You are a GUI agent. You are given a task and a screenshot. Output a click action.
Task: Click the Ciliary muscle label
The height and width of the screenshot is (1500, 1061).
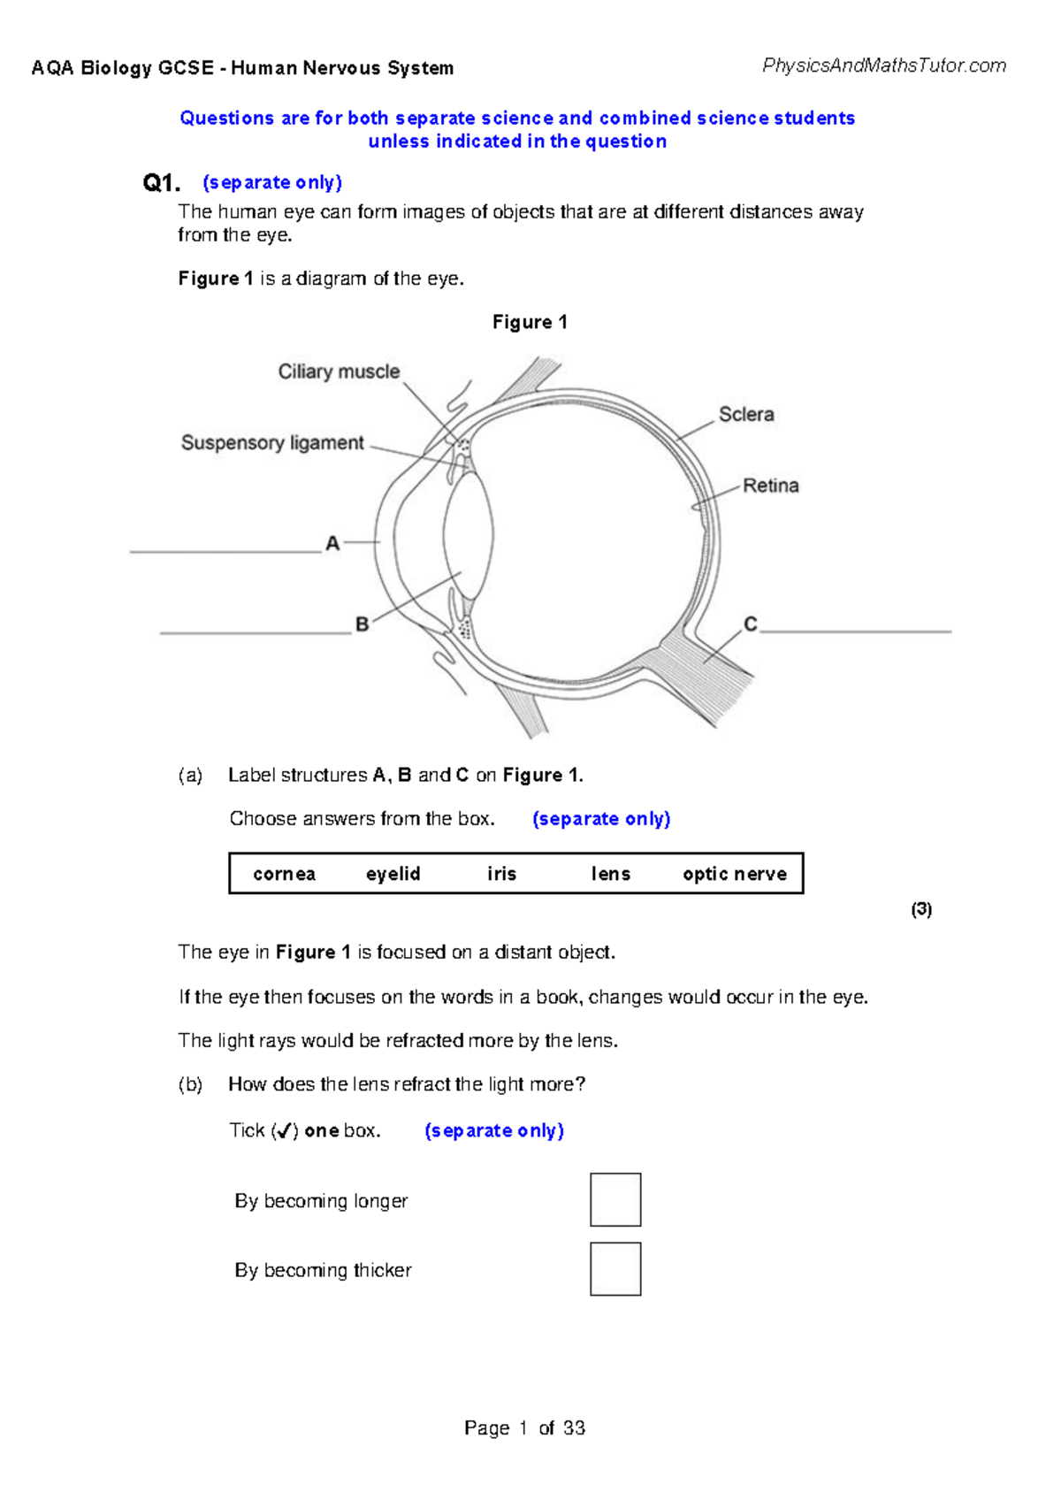(339, 371)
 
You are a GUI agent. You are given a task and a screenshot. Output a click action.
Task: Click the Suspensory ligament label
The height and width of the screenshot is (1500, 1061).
(272, 442)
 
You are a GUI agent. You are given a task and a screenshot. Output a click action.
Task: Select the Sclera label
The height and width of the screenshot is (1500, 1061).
(746, 414)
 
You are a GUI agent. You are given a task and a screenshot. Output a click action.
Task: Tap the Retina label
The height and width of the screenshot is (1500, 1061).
(770, 486)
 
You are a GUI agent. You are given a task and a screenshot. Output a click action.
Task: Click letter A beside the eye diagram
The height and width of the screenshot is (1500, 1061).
(332, 543)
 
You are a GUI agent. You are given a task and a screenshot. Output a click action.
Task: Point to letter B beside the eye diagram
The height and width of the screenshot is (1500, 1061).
(362, 624)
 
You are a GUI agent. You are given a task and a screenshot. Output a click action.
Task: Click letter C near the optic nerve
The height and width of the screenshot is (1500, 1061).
(750, 624)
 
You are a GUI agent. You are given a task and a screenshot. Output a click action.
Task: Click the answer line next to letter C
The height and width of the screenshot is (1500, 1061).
(855, 631)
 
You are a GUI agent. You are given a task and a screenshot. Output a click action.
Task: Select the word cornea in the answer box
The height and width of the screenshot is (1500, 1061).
(284, 874)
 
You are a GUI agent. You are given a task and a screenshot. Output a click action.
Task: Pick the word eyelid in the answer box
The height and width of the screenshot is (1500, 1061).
(393, 874)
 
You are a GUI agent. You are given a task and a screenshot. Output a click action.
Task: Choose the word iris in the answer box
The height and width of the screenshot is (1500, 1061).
(501, 874)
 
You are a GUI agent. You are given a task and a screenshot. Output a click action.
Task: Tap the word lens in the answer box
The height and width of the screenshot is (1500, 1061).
(610, 874)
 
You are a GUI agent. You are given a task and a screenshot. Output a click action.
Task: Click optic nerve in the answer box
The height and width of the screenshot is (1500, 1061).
(734, 874)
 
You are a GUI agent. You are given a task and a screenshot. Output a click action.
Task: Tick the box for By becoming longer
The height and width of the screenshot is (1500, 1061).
(615, 1199)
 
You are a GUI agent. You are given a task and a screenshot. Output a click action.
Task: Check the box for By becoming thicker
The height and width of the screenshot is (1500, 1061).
(615, 1268)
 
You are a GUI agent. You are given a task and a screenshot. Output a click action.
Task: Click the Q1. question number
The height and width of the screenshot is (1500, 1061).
(161, 183)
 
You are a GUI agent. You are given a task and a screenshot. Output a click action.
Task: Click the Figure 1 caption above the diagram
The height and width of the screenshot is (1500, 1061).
(530, 322)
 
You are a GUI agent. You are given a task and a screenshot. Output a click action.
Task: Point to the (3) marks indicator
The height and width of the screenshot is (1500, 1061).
(921, 909)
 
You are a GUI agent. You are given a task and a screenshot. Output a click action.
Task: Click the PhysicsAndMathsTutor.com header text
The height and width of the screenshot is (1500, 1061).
(883, 65)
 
